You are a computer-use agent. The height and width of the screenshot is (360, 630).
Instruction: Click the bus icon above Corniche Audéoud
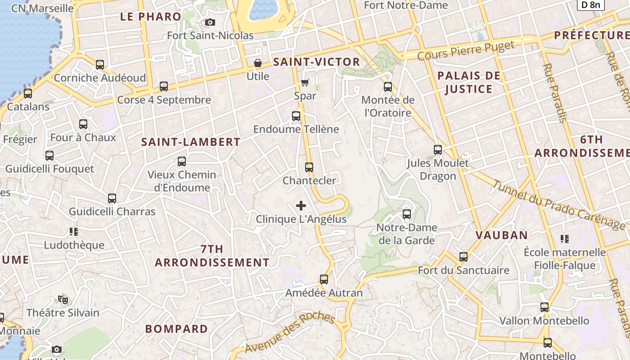point(100,65)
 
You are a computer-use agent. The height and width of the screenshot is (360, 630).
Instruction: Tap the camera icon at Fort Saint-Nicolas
point(210,22)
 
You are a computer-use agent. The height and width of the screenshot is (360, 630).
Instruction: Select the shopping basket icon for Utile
point(258,63)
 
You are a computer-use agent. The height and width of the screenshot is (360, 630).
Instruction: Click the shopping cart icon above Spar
point(305,82)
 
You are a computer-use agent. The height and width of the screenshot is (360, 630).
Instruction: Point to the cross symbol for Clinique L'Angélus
point(301,206)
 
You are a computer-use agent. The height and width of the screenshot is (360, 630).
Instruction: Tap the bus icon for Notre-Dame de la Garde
point(407,214)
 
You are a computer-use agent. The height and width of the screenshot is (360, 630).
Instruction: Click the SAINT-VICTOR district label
point(317,62)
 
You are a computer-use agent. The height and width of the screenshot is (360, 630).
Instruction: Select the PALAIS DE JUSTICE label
point(469,82)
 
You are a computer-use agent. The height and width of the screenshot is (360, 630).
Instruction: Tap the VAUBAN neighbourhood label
point(502,235)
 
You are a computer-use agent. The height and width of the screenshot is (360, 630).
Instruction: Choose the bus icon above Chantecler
point(309,167)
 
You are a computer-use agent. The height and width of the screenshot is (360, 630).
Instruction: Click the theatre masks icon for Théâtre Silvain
point(63,299)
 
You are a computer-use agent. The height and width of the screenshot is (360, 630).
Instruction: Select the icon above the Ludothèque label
point(74,232)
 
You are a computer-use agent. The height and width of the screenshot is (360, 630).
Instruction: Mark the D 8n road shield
point(590,5)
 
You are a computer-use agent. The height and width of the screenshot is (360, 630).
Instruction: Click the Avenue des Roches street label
point(290,333)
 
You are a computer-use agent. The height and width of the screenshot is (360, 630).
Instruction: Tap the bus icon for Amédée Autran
point(324,279)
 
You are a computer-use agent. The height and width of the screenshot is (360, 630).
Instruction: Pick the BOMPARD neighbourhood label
point(176,329)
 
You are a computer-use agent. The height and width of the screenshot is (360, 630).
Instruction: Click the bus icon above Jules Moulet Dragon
point(438,150)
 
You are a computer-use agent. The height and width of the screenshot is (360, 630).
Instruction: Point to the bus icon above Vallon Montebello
point(544,308)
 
